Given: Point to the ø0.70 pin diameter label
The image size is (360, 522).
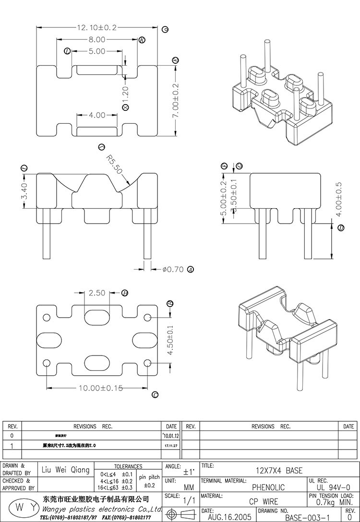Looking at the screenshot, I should [x=173, y=269].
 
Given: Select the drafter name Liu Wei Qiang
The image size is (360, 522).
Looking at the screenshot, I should [x=66, y=470].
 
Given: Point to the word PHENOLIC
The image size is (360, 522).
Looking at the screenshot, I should [x=268, y=487].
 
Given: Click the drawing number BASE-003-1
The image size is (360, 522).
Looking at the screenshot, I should [x=307, y=518].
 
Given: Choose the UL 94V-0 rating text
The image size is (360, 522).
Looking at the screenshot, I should [x=331, y=487].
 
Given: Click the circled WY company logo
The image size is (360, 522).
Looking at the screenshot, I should [x=20, y=508].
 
